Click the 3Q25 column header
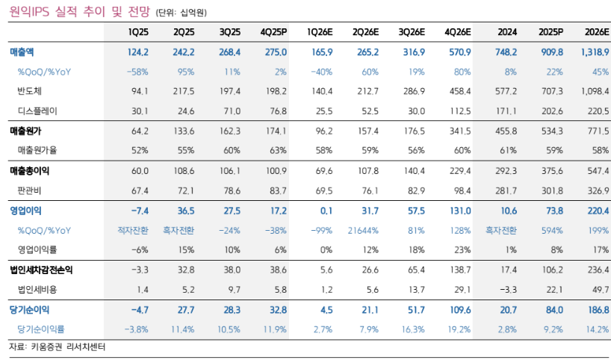[230, 32]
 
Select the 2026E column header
[597, 32]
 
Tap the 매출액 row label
[22, 52]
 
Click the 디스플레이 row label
[37, 111]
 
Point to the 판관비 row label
[29, 191]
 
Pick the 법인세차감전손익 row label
[41, 270]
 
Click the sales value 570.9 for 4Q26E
[460, 52]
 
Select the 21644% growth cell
[363, 231]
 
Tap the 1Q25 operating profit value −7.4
[140, 211]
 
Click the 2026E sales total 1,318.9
[595, 52]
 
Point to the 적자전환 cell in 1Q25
[133, 231]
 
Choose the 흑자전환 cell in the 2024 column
[500, 231]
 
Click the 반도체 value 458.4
[460, 92]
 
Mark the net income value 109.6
[460, 310]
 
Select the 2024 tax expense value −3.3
[508, 290]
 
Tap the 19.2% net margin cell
[459, 329]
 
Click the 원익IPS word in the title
[29, 12]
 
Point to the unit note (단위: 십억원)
[182, 13]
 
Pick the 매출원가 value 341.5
[460, 131]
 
